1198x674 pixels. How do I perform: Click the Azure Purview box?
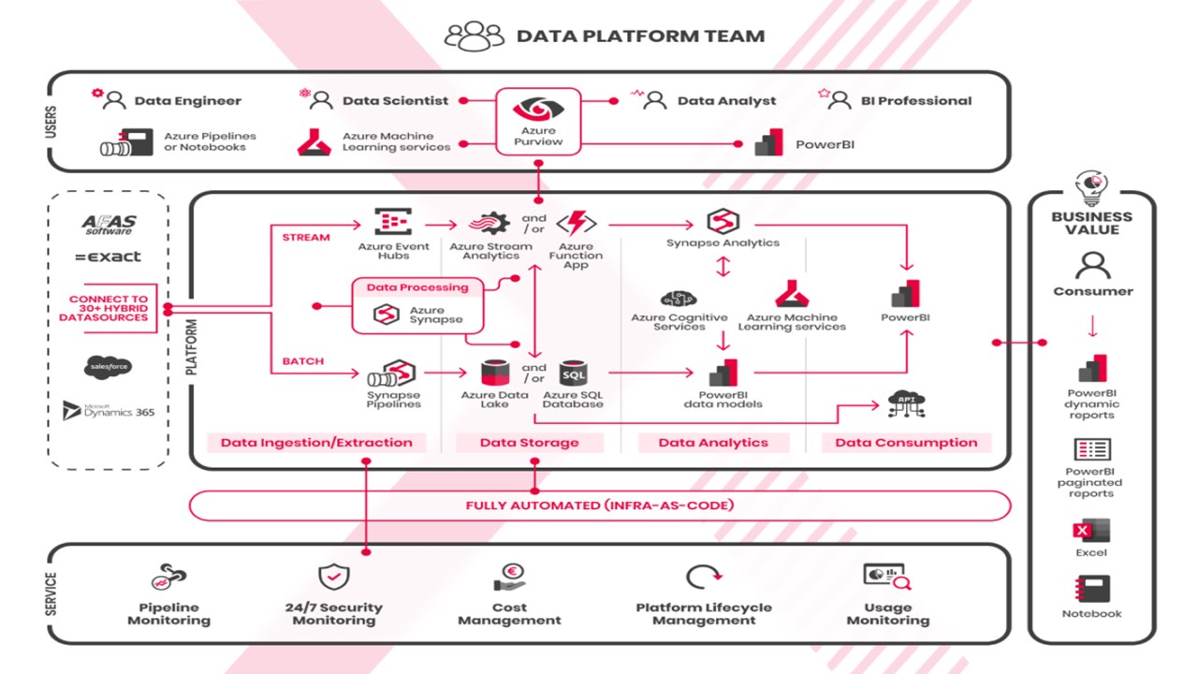click(x=537, y=122)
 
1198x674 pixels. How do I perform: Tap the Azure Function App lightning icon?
click(x=576, y=224)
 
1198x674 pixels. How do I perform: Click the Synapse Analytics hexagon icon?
click(x=723, y=222)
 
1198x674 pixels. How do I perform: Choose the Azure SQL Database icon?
click(x=573, y=374)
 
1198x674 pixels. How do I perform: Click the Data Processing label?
click(x=417, y=287)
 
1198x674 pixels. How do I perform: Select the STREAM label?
click(x=305, y=237)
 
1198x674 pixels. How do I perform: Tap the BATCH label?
click(x=303, y=361)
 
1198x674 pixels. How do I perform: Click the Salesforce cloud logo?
click(x=107, y=366)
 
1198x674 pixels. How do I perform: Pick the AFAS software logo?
click(x=110, y=225)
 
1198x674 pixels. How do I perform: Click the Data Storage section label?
click(x=529, y=443)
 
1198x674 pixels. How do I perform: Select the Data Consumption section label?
click(x=905, y=443)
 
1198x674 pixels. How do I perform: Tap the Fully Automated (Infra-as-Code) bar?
click(x=600, y=505)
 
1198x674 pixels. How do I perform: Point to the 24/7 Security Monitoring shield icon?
click(x=334, y=577)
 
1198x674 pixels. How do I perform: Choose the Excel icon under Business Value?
click(x=1091, y=531)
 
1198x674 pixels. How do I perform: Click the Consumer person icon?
click(x=1092, y=266)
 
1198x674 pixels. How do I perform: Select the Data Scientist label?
click(x=395, y=101)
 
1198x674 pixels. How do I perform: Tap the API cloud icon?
click(x=906, y=403)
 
